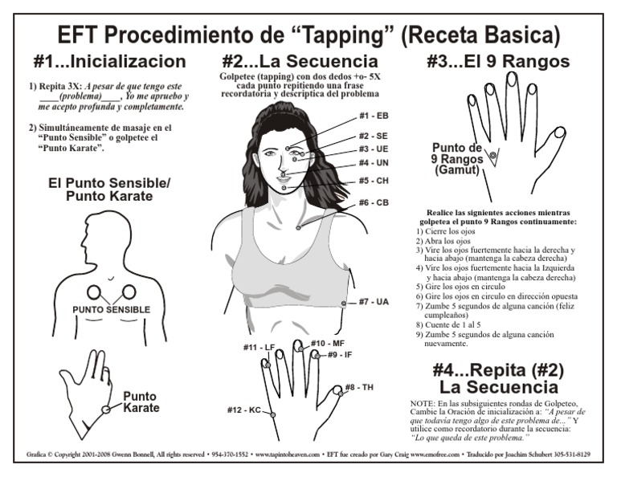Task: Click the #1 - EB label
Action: click(374, 116)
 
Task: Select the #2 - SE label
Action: click(374, 136)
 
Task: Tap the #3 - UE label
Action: click(374, 149)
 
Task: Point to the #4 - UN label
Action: click(374, 163)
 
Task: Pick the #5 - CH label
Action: click(374, 181)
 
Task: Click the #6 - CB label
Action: click(374, 202)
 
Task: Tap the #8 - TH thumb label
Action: click(359, 388)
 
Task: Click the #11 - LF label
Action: click(259, 347)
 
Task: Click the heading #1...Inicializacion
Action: click(110, 61)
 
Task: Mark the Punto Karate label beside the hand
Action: click(141, 402)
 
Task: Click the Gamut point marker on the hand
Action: click(493, 154)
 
